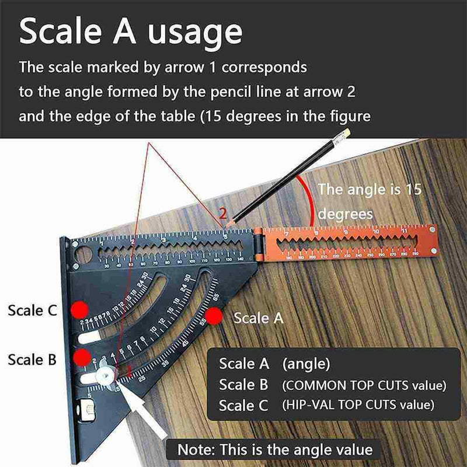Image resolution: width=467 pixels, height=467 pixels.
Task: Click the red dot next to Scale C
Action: pos(79,309)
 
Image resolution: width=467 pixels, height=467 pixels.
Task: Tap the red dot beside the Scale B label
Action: pos(82,356)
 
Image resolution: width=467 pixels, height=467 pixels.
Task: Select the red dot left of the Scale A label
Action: pos(214,317)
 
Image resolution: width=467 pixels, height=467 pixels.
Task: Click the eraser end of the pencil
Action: pos(345,134)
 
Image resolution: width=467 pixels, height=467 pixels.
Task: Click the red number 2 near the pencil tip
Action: pos(222,212)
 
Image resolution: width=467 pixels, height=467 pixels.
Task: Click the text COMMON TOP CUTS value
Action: pos(363,385)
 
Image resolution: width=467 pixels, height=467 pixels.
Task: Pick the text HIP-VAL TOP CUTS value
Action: pos(357,405)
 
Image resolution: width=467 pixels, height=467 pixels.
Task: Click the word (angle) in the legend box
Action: pos(306,364)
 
